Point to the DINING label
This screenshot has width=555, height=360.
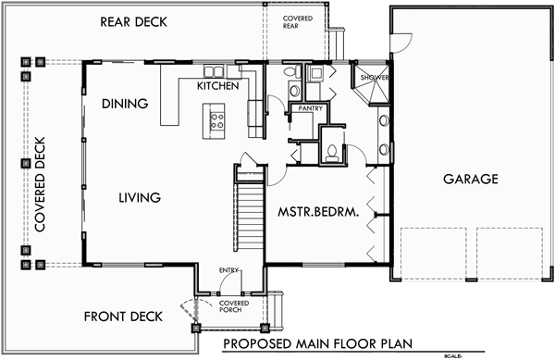(x=125, y=104)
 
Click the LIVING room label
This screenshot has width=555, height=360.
(x=140, y=197)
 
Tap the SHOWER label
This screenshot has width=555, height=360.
(x=375, y=78)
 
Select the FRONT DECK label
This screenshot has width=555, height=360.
(x=123, y=317)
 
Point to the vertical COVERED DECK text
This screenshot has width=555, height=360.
(x=40, y=184)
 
